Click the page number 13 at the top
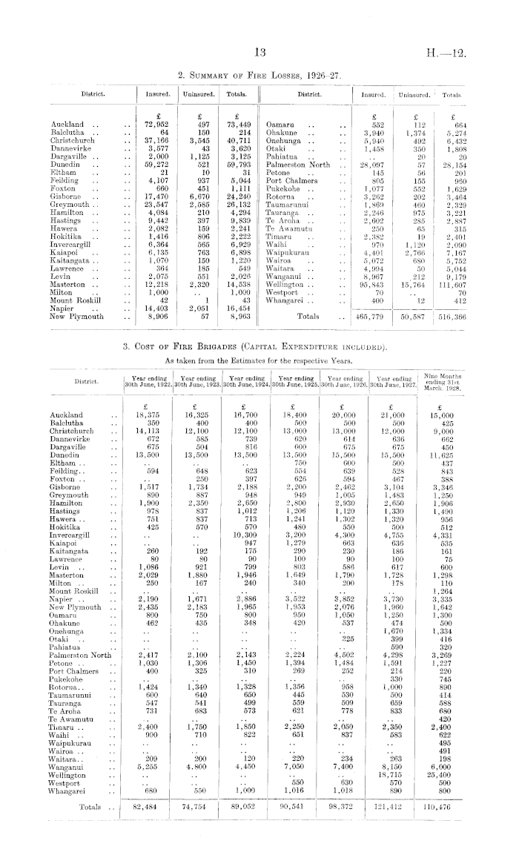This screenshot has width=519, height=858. [259, 53]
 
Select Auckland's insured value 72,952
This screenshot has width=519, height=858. [158, 124]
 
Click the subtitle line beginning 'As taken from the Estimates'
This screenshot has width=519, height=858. [259, 361]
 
